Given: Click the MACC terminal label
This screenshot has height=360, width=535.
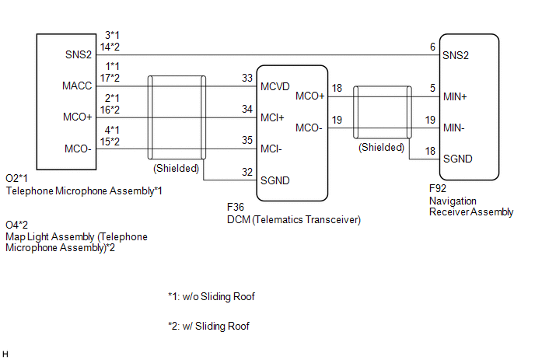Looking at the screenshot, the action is click(77, 86).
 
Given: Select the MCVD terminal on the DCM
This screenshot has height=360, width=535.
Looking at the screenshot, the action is click(275, 86).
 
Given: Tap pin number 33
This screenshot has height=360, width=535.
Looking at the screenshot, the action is click(247, 78).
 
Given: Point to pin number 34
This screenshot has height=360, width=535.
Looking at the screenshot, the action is click(247, 109).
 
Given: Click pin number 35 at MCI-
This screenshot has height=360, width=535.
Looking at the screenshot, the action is click(247, 140).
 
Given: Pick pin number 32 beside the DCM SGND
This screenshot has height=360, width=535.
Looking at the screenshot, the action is click(247, 172).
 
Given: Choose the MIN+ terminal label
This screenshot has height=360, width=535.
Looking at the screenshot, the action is click(455, 97).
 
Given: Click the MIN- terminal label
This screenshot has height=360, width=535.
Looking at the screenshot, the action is click(454, 128).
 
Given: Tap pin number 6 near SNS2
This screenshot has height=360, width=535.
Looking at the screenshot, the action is click(432, 47).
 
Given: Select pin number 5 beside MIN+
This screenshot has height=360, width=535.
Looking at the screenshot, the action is click(432, 88).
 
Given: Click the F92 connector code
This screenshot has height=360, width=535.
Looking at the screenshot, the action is click(438, 188).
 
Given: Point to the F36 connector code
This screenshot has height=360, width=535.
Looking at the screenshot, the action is click(236, 207).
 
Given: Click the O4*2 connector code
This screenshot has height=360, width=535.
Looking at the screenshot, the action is click(17, 225).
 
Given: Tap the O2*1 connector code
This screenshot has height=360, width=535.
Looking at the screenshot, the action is click(17, 178).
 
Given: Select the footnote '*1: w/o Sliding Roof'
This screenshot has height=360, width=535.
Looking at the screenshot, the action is click(212, 296).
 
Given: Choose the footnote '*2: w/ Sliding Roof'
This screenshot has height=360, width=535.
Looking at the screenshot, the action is click(208, 327).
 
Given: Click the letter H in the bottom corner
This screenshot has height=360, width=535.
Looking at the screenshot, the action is click(5, 355).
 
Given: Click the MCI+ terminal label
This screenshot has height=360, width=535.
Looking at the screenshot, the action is click(272, 117).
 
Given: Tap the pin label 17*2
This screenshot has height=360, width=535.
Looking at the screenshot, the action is click(110, 78).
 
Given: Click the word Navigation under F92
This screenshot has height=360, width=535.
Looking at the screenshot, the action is click(453, 201).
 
